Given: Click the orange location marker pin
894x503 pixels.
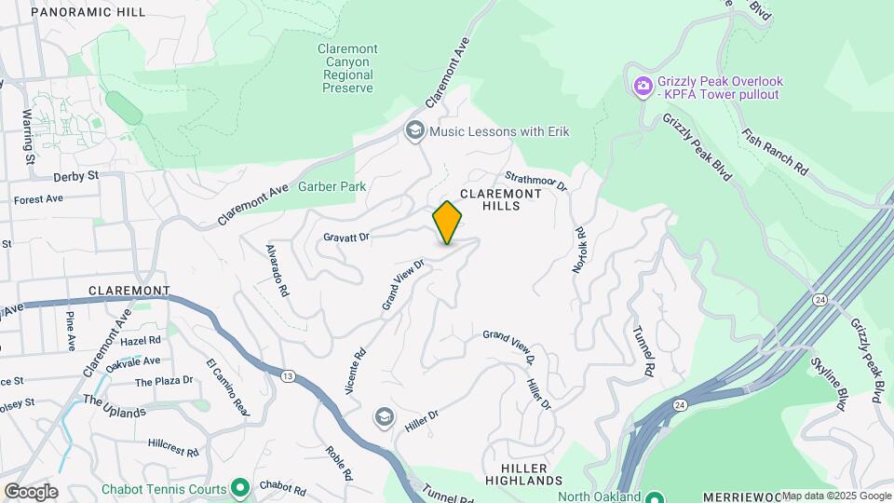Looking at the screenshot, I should [448, 223].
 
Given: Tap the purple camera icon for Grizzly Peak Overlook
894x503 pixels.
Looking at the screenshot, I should [643, 88].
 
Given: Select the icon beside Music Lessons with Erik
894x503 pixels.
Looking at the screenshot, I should [414, 131].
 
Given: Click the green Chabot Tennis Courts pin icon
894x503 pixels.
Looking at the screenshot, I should [240, 487].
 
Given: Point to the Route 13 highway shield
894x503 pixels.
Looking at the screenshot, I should [287, 374].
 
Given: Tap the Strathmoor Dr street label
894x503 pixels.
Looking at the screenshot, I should [536, 180].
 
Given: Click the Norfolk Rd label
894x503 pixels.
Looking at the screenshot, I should [579, 250].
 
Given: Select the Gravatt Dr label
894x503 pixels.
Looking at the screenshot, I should [345, 238].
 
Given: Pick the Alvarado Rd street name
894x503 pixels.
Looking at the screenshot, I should [277, 271].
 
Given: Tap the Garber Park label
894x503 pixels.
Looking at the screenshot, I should [332, 186].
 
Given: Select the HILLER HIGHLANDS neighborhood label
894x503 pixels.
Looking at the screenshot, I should [524, 473].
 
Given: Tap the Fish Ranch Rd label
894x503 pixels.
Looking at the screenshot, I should [775, 150].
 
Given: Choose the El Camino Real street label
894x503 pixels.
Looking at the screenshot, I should [228, 387].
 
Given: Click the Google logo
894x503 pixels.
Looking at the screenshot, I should [31, 492].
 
